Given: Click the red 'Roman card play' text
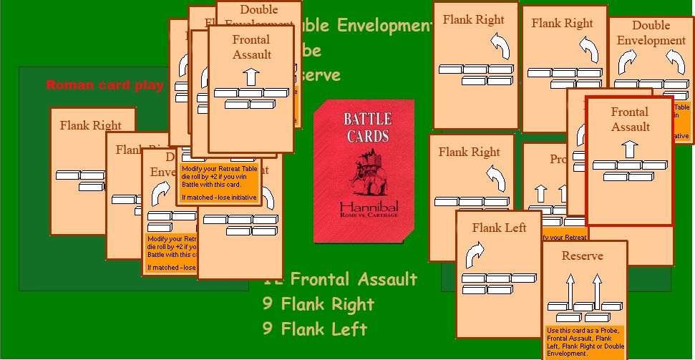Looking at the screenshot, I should pyautogui.click(x=105, y=86).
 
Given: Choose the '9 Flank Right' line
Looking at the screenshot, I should pyautogui.click(x=318, y=304).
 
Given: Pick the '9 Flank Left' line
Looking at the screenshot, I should pyautogui.click(x=315, y=329).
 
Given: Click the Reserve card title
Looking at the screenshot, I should pyautogui.click(x=582, y=256).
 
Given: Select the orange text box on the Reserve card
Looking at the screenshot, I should pyautogui.click(x=584, y=342).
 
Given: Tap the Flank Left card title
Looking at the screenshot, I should pyautogui.click(x=499, y=228).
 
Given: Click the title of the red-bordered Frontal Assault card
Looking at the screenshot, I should pyautogui.click(x=630, y=120).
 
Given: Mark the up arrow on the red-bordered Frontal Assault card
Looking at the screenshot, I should pyautogui.click(x=629, y=149).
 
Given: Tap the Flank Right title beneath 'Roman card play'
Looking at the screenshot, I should pyautogui.click(x=91, y=125).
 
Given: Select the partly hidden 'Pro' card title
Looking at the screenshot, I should pyautogui.click(x=558, y=159).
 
